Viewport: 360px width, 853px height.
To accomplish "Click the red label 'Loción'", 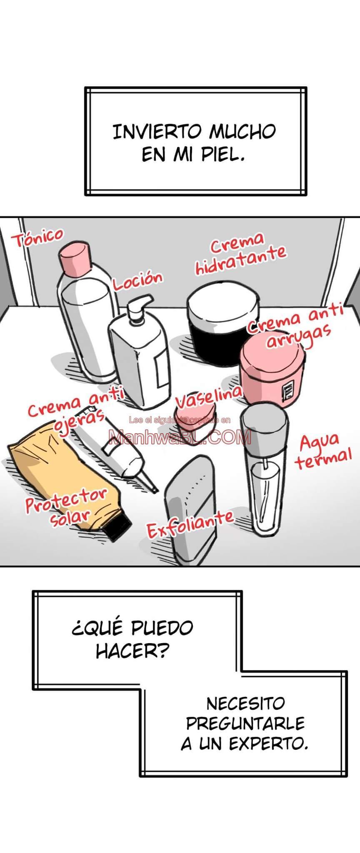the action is (137, 281).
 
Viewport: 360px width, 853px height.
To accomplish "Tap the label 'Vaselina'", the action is (208, 397).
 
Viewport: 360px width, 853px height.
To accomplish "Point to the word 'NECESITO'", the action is (245, 703).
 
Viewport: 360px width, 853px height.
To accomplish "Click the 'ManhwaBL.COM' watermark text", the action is (180, 437).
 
